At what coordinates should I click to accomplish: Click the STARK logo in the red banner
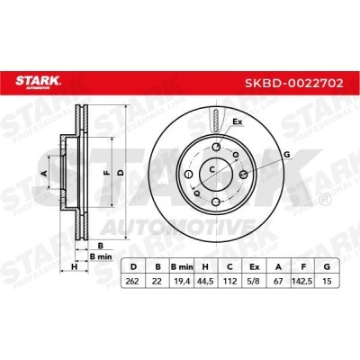(x=38, y=82)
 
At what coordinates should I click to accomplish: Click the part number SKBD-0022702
(x=294, y=83)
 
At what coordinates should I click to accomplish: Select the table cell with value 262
(x=132, y=282)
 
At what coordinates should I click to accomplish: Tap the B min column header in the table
(x=182, y=266)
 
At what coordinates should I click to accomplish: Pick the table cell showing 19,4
(x=182, y=282)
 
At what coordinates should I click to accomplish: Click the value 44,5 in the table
(x=206, y=282)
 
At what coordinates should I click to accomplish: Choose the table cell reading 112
(x=229, y=282)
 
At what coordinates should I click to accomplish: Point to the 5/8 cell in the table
(x=254, y=282)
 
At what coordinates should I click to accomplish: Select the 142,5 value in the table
(x=302, y=282)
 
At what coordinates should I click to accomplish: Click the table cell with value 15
(x=327, y=282)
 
